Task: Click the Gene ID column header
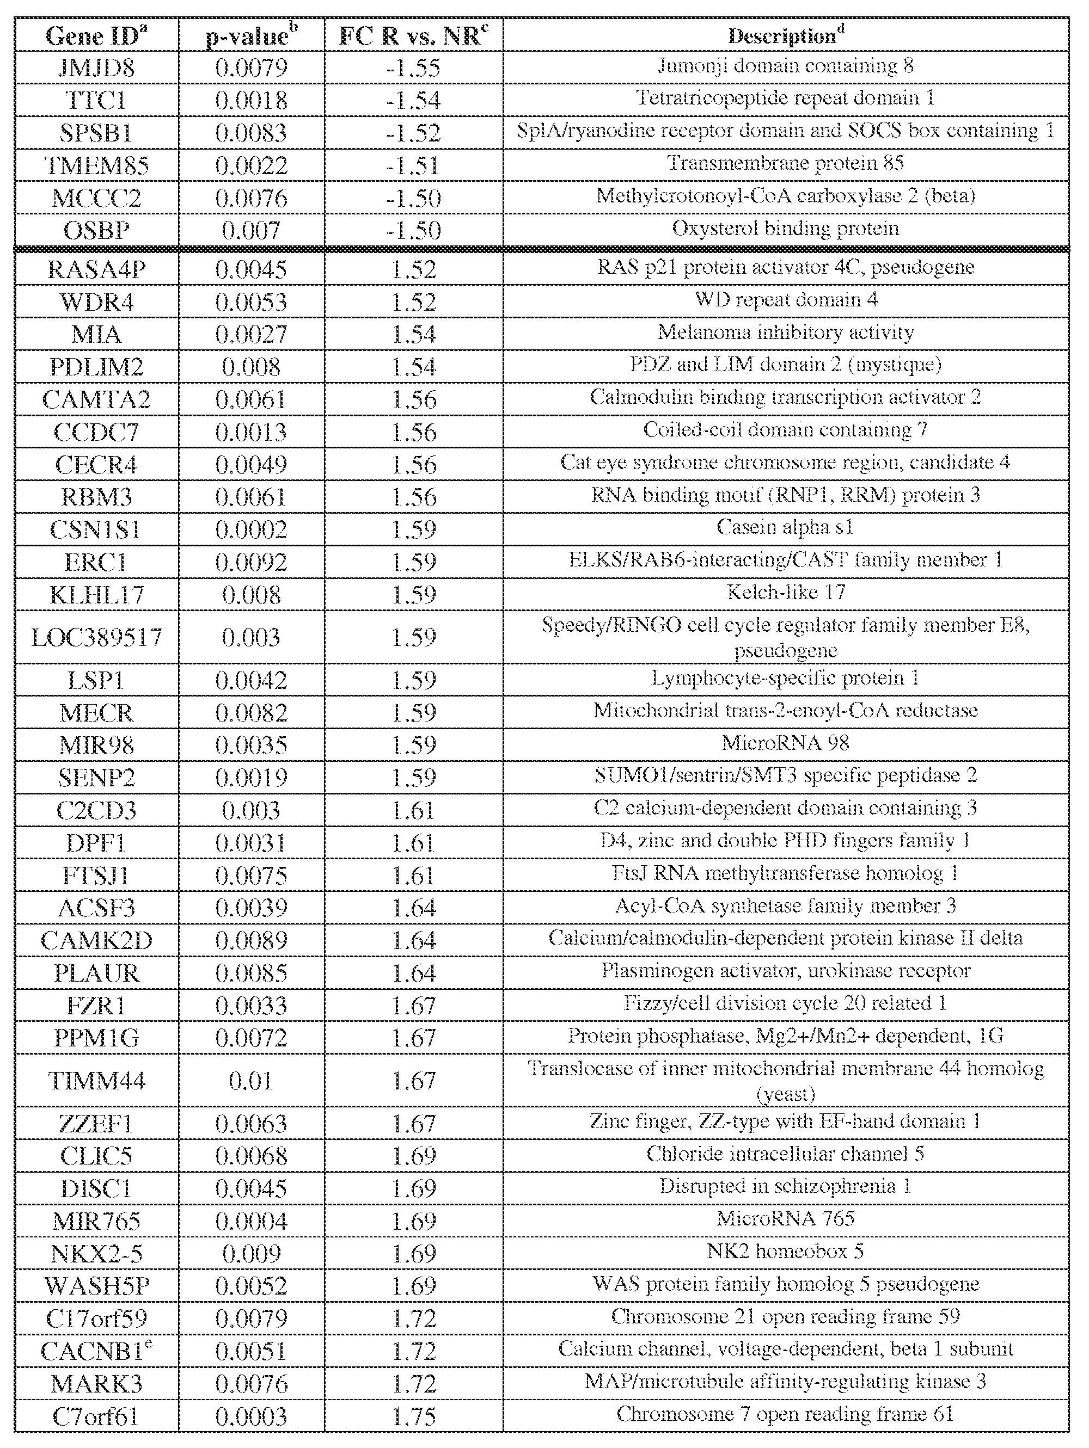point(96,36)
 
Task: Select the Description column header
point(785,36)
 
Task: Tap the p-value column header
point(252,36)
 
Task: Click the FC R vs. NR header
point(413,36)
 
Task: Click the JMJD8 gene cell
point(96,67)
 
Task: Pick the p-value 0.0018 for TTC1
point(252,100)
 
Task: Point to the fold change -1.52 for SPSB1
point(413,133)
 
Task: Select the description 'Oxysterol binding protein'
point(785,229)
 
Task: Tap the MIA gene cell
point(96,335)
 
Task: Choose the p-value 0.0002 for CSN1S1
point(252,529)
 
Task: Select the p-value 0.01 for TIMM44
point(252,1081)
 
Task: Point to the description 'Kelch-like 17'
point(785,593)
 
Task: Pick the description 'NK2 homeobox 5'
point(785,1252)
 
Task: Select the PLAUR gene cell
point(96,973)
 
